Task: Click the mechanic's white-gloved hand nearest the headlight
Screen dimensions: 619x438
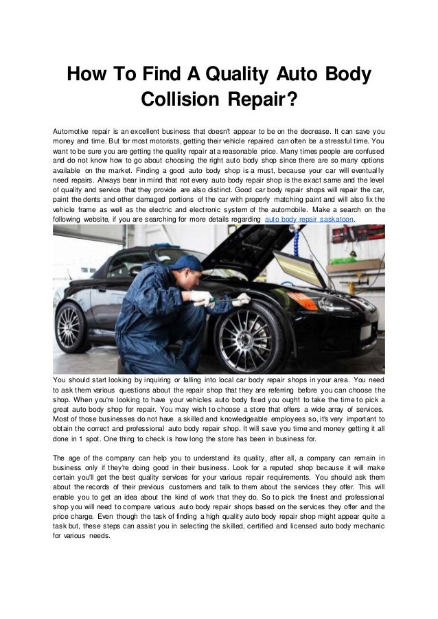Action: coord(240,299)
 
